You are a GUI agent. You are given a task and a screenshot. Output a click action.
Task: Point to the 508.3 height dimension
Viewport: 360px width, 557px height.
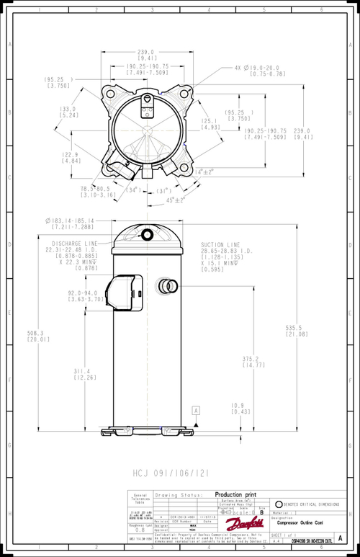34,336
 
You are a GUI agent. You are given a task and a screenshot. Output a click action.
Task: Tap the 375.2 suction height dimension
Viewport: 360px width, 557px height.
250,362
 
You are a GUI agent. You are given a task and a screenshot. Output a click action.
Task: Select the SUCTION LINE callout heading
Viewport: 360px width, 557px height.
220,245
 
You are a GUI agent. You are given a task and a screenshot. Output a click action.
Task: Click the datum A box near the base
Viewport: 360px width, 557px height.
194,409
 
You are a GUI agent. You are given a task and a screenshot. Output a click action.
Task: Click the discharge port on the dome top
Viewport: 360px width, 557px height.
147,234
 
